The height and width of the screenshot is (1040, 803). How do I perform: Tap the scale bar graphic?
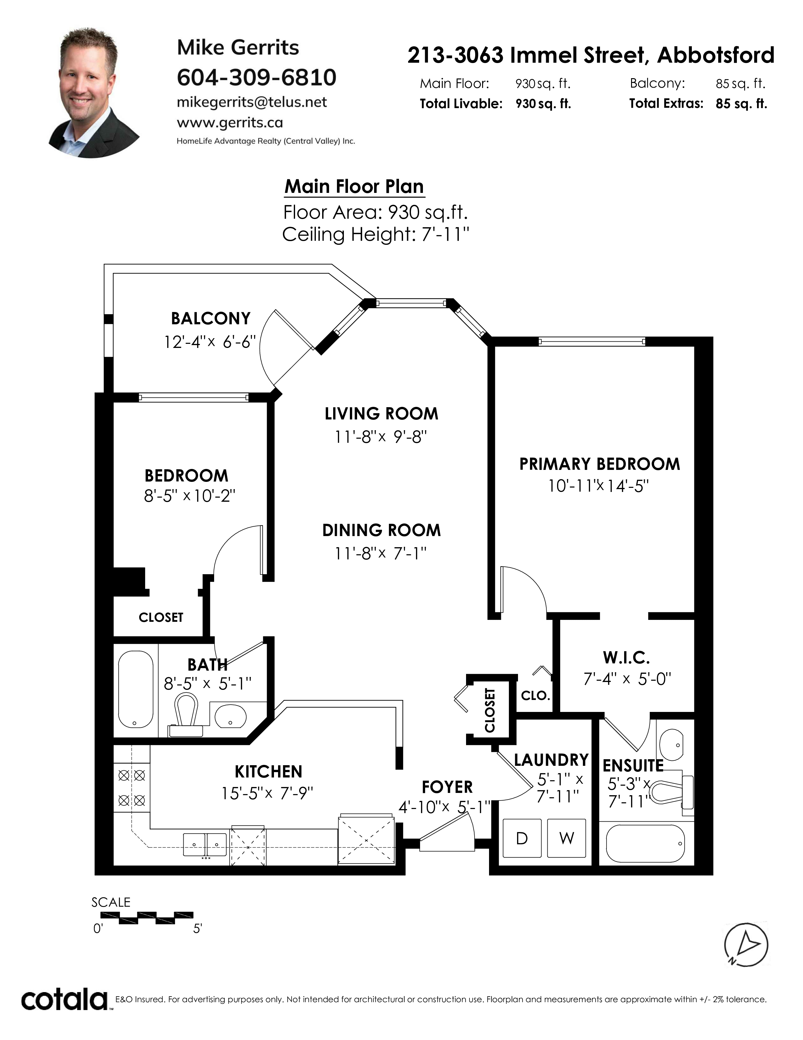[x=147, y=918]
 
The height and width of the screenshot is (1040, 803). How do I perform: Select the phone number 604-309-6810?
[x=256, y=77]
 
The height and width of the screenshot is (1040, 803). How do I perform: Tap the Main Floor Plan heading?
[x=354, y=186]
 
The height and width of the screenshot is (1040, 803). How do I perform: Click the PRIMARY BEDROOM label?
[x=599, y=464]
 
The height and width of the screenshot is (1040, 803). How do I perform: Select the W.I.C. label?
[x=627, y=658]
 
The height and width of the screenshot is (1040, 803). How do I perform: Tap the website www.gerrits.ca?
[x=230, y=123]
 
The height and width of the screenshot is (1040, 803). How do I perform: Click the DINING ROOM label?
[x=382, y=530]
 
